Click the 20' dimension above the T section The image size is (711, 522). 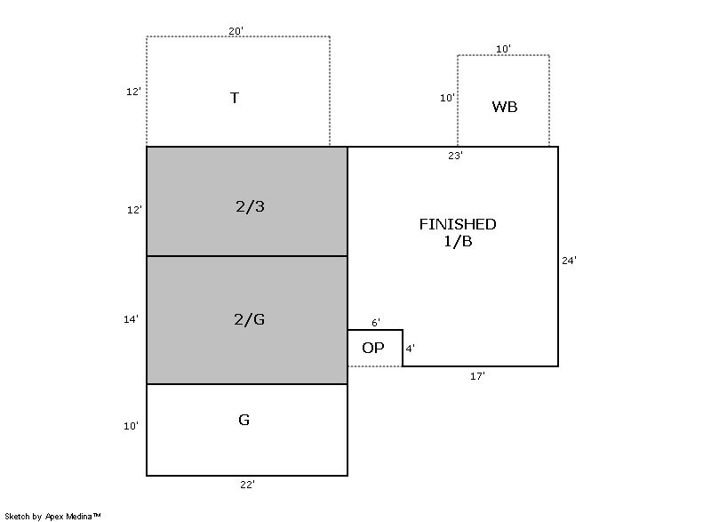pos(236,31)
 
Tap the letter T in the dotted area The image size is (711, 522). pos(235,98)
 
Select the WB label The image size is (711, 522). pos(505,107)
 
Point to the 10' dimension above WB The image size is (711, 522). pos(503,49)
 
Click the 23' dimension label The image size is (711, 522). pos(455,156)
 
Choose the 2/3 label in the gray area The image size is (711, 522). pos(251,207)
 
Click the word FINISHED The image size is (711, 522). pos(458,224)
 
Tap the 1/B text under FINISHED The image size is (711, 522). pos(458,241)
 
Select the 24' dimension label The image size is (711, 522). pos(569,261)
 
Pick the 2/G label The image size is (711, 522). pos(250,319)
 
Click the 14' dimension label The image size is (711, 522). pos(131,319)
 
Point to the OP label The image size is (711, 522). pos(373,348)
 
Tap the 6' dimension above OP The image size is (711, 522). pos(376,323)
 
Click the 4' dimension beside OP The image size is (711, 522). pos(410,349)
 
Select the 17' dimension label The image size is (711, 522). pos(477,376)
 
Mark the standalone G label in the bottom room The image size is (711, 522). pos(244,420)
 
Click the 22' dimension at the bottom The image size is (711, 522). pos(247,485)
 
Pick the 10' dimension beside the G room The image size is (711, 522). pos(131,426)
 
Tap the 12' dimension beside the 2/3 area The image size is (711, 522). pos(134,210)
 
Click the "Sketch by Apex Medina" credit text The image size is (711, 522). pos(52,516)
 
